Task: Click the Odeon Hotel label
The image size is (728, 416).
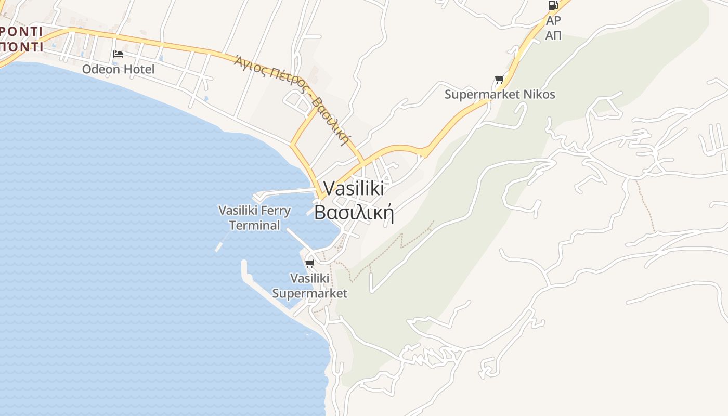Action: click(x=118, y=69)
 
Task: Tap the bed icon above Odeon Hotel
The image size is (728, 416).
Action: click(x=118, y=54)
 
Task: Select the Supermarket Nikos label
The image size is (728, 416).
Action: click(x=500, y=94)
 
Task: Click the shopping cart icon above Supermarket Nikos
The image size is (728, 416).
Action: click(x=500, y=79)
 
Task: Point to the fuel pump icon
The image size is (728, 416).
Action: click(x=553, y=6)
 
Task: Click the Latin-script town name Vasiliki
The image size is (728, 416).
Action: click(x=354, y=188)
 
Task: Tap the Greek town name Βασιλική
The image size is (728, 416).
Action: click(x=354, y=212)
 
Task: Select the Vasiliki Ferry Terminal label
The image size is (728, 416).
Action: click(x=254, y=218)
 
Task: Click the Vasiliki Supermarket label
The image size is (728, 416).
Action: click(x=310, y=285)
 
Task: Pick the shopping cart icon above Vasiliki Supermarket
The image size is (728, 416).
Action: click(x=310, y=263)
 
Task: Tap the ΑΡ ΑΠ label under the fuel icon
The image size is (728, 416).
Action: click(x=553, y=28)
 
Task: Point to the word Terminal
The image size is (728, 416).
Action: click(x=254, y=225)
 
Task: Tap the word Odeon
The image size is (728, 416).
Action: click(x=100, y=69)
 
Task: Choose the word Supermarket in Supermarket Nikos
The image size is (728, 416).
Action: click(x=482, y=94)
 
